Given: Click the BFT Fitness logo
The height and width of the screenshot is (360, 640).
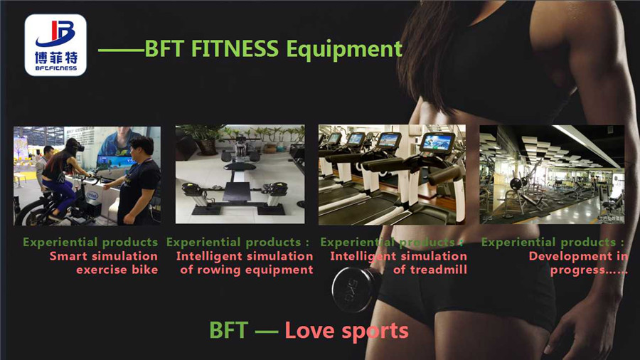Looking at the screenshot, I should pos(55,45).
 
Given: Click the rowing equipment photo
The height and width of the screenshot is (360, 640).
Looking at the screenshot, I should pos(240,174).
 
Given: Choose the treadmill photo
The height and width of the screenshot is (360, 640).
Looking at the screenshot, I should pos(392,174).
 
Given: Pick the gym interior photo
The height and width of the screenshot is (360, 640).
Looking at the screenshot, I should pos(552,174).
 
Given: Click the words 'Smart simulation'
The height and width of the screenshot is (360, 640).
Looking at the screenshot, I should pos(104,256).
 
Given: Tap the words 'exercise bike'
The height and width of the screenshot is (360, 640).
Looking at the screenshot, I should pos(117,270).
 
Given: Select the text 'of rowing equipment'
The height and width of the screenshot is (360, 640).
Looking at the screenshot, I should pos(246,270).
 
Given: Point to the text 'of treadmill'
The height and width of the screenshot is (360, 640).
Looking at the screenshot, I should pos(430,270).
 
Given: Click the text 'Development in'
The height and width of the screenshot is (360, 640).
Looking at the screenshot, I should pos(578,256).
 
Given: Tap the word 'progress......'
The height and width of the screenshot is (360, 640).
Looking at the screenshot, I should pos(589,270).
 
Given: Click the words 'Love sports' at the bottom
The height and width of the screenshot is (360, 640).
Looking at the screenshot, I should pos(346,330).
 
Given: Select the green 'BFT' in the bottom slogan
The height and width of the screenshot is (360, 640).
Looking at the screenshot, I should pos(228,330).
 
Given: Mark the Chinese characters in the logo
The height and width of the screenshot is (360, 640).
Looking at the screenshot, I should pos(55,55).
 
